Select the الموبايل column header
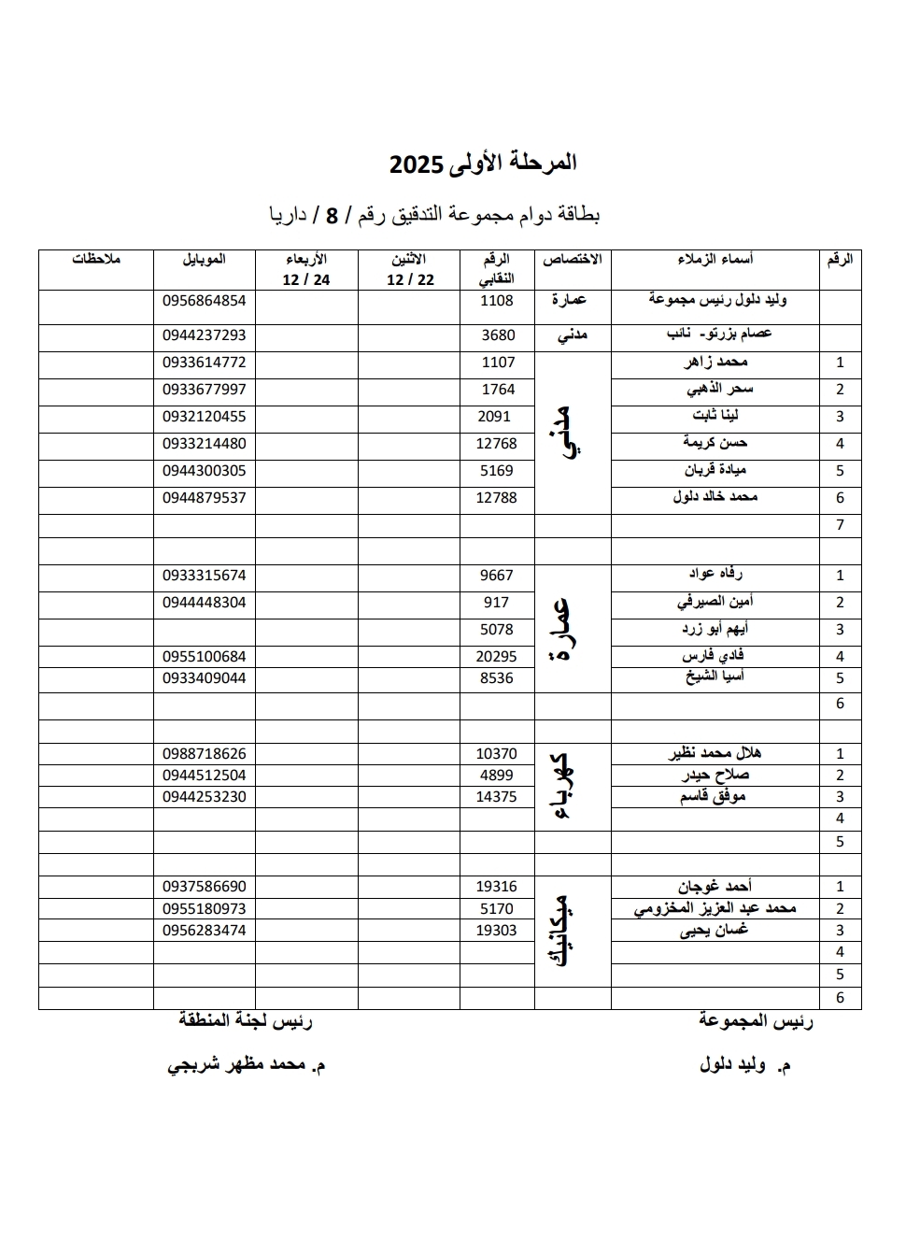point(204,260)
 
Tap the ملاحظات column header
point(96,260)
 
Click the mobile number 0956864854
point(204,301)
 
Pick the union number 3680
point(498,335)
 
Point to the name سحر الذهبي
point(719,390)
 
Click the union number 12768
point(496,444)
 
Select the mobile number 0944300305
point(204,471)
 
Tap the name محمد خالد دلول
point(715,497)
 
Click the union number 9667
point(497,576)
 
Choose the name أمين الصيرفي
point(715,603)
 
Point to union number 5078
point(497,630)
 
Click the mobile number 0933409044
point(204,678)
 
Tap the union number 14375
point(496,797)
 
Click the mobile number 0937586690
point(204,887)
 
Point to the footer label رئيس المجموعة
point(756,1021)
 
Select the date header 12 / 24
point(306,280)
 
